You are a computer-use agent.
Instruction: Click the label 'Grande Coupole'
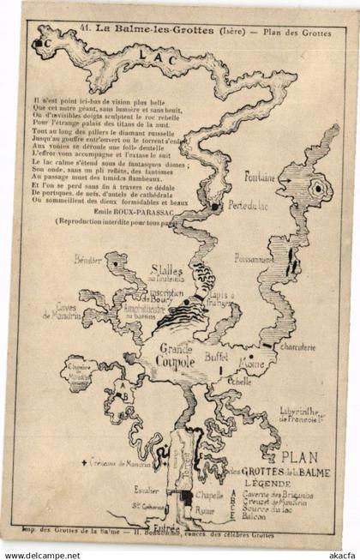pyautogui.click(x=176, y=355)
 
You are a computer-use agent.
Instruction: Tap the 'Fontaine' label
pyautogui.click(x=260, y=178)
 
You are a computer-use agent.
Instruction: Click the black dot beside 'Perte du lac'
pyautogui.click(x=214, y=206)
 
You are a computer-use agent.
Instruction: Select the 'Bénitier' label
pyautogui.click(x=88, y=258)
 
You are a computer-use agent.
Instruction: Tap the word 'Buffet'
pyautogui.click(x=221, y=351)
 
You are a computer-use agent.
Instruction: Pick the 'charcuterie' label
pyautogui.click(x=297, y=347)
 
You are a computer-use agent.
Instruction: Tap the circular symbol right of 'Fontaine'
pyautogui.click(x=318, y=187)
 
